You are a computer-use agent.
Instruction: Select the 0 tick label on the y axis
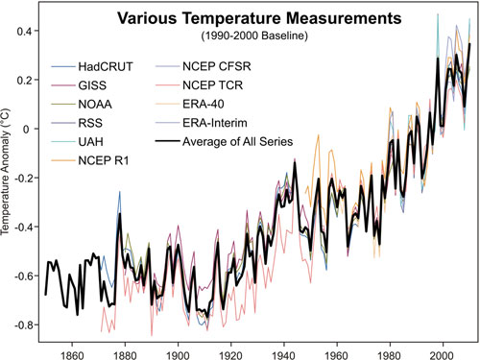[29, 129]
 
